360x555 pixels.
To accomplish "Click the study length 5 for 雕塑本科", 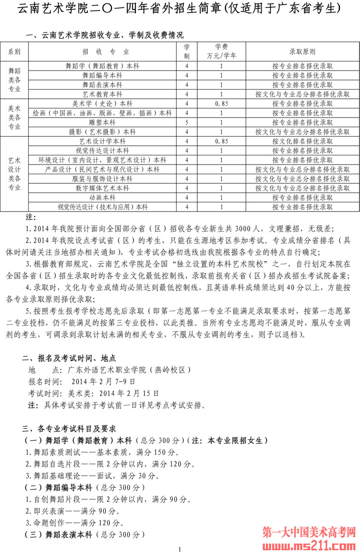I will click(187, 122).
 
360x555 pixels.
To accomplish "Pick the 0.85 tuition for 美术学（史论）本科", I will click(221, 104).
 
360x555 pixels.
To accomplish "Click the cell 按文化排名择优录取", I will click(302, 141).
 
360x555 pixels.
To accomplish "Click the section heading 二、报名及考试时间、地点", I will click(69, 358).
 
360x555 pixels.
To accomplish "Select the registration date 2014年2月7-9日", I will click(103, 382).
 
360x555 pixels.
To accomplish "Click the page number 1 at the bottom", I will click(179, 549).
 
